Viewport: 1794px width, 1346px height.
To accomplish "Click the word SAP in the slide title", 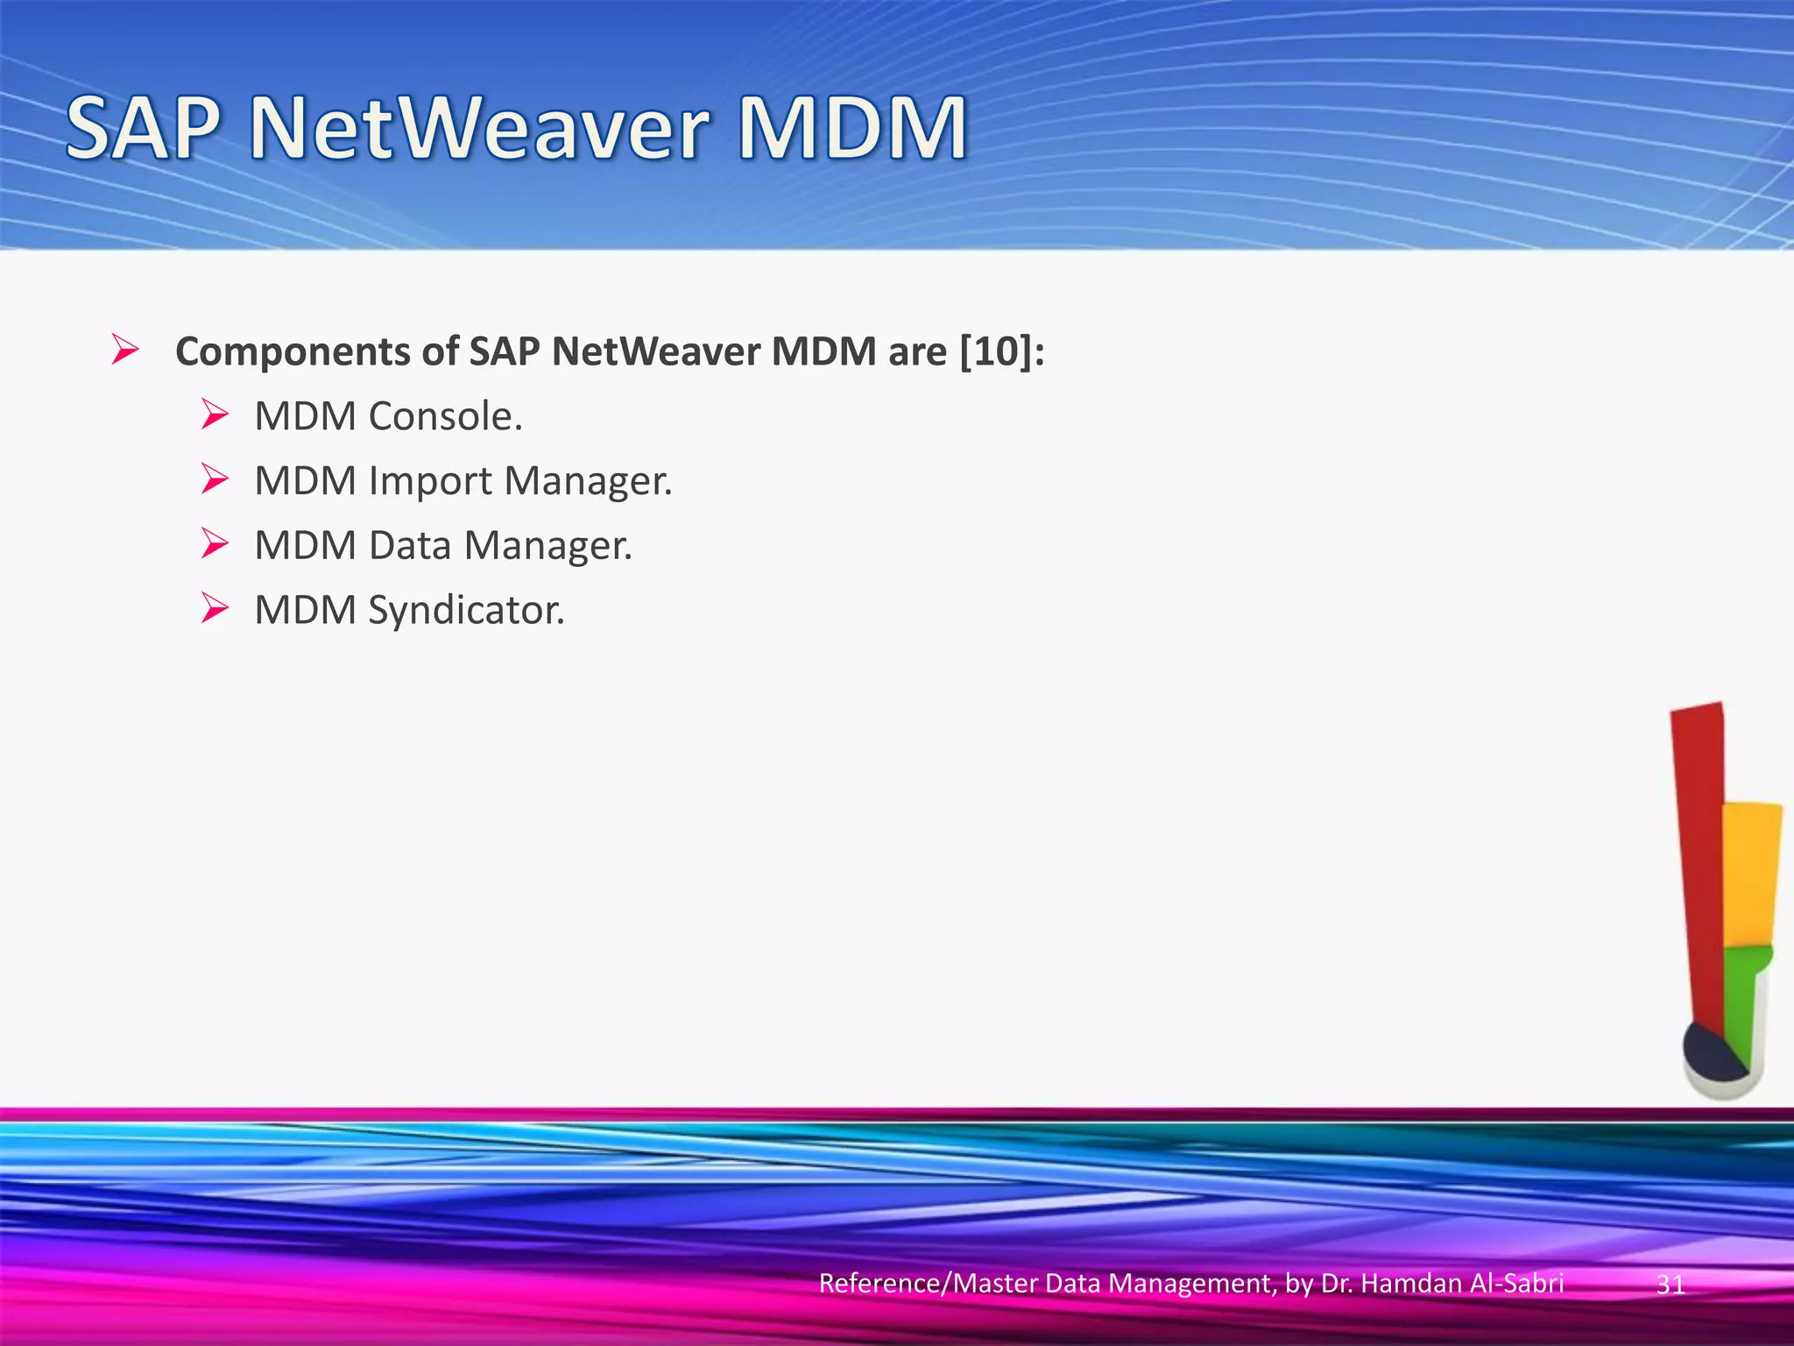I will click(x=142, y=129).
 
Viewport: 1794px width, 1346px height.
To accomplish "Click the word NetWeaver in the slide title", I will click(x=478, y=129).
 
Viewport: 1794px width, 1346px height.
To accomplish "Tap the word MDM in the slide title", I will click(x=851, y=129).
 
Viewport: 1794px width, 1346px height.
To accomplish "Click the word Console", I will click(x=445, y=416).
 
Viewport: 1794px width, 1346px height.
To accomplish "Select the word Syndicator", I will click(x=466, y=610).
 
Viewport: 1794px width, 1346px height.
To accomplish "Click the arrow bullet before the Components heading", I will click(x=125, y=351).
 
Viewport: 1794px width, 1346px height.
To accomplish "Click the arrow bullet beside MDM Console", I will click(x=215, y=414).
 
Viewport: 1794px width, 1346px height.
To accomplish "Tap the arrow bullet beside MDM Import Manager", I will click(x=215, y=478).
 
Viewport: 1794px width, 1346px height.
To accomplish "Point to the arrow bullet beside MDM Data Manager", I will click(x=215, y=543).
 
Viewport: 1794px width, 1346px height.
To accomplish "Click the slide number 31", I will click(x=1670, y=1285).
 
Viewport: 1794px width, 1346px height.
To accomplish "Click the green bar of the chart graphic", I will click(x=1742, y=1008).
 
